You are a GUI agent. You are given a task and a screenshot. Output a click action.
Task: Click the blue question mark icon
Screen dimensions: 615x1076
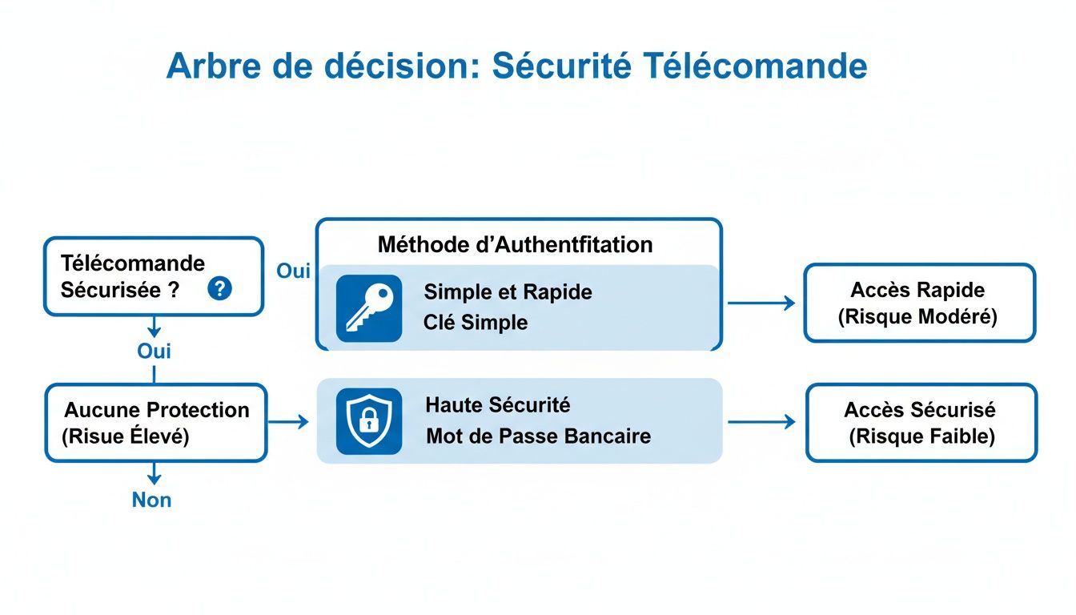pos(219,289)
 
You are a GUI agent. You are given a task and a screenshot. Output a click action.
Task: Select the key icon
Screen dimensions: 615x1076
pos(368,309)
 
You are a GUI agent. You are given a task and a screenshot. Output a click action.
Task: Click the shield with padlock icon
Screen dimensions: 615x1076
pos(368,421)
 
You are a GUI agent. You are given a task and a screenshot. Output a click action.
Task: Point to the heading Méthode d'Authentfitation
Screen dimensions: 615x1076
pos(515,244)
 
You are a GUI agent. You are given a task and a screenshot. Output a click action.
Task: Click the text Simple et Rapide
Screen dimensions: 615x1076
pos(508,292)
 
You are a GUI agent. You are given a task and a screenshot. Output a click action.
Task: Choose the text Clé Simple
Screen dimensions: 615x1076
pos(476,323)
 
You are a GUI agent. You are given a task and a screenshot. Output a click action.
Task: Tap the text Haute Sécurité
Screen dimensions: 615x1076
pos(497,405)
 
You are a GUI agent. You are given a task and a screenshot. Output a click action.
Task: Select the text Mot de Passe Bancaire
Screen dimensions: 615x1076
pos(538,436)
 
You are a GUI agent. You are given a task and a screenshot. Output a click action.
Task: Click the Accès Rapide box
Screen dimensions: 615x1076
pos(918,303)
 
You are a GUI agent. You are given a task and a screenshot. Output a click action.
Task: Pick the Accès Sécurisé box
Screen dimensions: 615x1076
pos(920,423)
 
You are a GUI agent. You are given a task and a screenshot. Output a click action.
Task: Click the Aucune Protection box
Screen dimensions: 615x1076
pos(156,423)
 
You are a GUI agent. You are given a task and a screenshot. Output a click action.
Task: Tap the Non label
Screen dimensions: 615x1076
pos(152,500)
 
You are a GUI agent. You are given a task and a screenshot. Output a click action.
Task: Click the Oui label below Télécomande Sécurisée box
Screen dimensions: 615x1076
pos(154,352)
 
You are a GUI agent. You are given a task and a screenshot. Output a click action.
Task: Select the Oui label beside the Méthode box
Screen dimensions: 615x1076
pos(293,271)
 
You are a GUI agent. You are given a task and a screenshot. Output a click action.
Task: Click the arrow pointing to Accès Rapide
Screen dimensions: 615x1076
pos(761,303)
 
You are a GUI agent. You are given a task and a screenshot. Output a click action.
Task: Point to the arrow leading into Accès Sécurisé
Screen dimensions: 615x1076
pos(761,422)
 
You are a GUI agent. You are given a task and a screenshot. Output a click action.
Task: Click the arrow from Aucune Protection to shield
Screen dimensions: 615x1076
pos(288,422)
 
